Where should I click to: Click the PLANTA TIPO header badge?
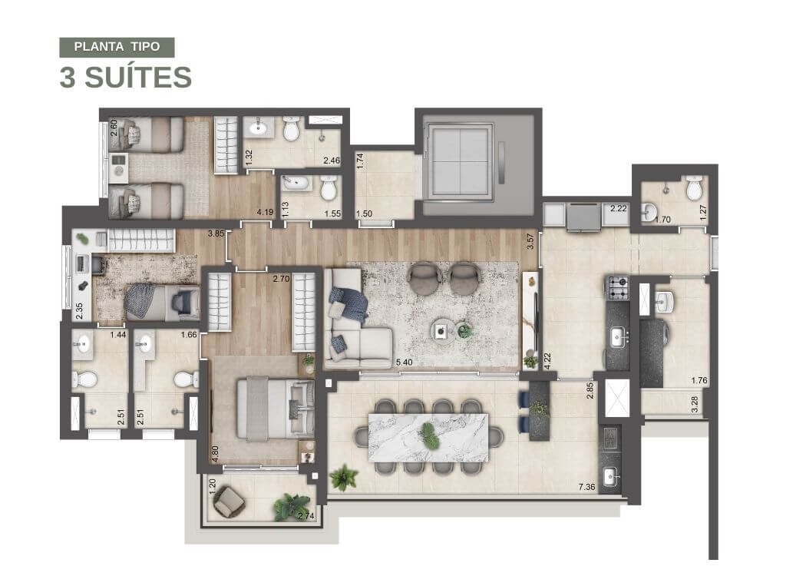(x=117, y=47)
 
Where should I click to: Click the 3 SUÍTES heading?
(x=125, y=78)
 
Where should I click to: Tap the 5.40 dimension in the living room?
(x=404, y=362)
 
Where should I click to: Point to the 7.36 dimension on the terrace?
(x=586, y=486)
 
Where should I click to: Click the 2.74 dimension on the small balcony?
(x=307, y=516)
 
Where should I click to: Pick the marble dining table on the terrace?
(x=428, y=437)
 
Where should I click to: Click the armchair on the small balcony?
(x=230, y=502)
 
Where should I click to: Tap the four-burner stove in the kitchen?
(x=619, y=288)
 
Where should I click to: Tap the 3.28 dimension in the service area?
(x=695, y=404)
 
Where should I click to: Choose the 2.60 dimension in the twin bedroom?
(x=114, y=128)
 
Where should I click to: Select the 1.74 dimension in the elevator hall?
(x=360, y=161)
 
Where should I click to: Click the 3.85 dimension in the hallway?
(x=216, y=233)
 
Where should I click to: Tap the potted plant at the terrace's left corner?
(x=344, y=478)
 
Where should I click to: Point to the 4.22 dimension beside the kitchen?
(x=547, y=361)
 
